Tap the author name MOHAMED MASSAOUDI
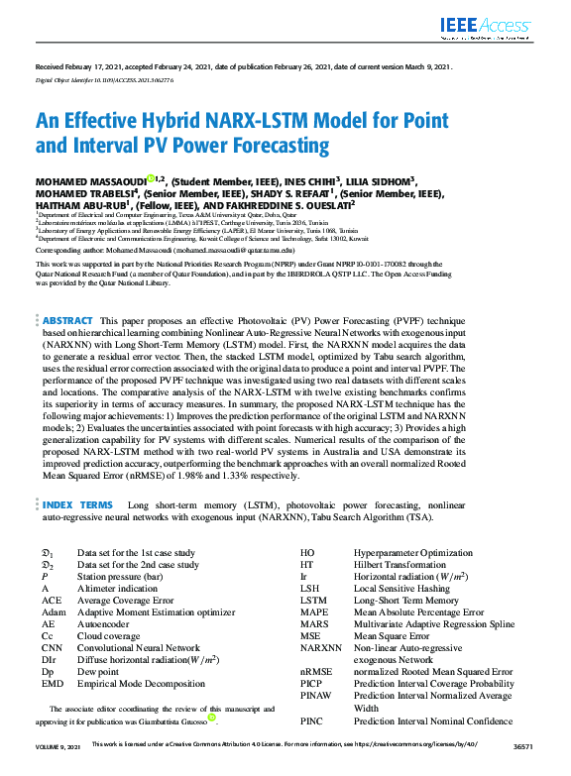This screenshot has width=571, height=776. pyautogui.click(x=90, y=181)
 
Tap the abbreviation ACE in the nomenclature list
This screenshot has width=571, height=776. pyautogui.click(x=52, y=601)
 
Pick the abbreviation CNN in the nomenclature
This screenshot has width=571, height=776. pyautogui.click(x=53, y=648)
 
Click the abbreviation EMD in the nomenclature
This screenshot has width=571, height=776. pyautogui.click(x=53, y=684)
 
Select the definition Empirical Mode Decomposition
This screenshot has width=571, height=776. pyautogui.click(x=138, y=684)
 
